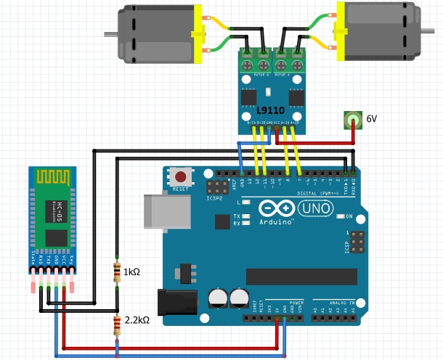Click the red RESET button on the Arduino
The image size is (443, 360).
click(179, 176)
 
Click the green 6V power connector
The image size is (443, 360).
click(354, 120)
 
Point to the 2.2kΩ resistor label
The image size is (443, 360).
click(137, 319)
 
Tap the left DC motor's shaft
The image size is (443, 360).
click(109, 33)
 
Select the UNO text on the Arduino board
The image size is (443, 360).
click(315, 209)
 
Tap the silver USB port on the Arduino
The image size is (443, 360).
click(161, 210)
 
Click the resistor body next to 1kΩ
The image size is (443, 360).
click(117, 272)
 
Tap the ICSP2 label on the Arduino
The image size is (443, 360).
click(215, 197)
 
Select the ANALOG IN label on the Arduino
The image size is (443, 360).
click(341, 301)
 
